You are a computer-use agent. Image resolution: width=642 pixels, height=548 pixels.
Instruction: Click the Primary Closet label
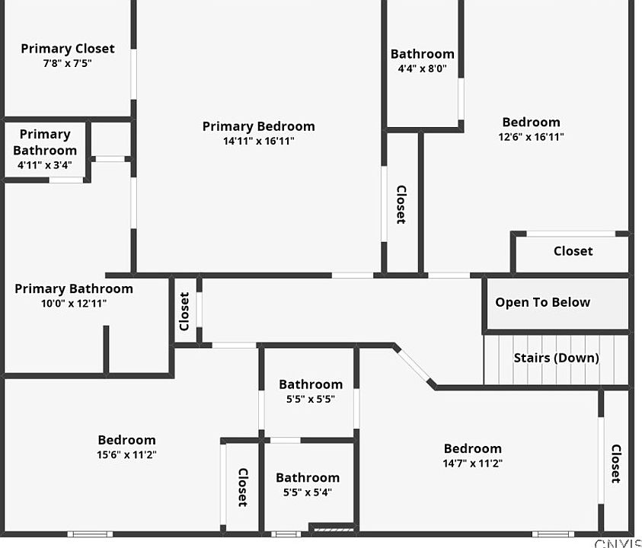68,49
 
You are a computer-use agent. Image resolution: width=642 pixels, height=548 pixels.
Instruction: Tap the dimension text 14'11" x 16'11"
259,141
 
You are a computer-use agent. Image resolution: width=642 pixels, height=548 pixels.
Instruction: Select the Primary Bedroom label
259,126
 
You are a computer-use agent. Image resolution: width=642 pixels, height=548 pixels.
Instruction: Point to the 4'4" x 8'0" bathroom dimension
423,68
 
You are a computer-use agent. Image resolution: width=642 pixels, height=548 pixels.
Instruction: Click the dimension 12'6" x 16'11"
532,137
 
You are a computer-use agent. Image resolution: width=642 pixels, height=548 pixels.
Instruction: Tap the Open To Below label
542,302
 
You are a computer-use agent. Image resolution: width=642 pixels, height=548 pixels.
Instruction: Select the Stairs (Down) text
556,358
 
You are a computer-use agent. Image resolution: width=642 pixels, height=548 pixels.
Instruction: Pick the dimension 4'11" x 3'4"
45,164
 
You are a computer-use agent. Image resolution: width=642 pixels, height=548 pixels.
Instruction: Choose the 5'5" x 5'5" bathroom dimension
310,399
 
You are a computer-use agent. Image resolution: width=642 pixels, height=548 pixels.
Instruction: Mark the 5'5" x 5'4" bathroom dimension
308,492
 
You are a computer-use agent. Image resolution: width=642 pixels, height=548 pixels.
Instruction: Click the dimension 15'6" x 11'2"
127,454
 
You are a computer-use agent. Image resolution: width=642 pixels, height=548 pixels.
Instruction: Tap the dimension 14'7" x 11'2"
473,463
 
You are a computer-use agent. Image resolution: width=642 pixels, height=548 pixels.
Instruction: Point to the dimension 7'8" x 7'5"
68,63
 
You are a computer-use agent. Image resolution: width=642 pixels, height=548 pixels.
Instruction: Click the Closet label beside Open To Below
573,251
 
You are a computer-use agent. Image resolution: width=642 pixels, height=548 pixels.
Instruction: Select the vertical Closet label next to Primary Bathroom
184,312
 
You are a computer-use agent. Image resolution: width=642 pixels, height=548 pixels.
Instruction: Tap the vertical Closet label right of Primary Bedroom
401,205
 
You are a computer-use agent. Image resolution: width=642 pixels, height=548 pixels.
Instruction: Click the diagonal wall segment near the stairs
415,367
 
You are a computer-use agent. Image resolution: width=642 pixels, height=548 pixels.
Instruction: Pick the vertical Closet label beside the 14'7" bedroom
615,464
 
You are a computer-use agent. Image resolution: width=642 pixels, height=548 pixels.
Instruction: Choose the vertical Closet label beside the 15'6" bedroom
242,487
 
